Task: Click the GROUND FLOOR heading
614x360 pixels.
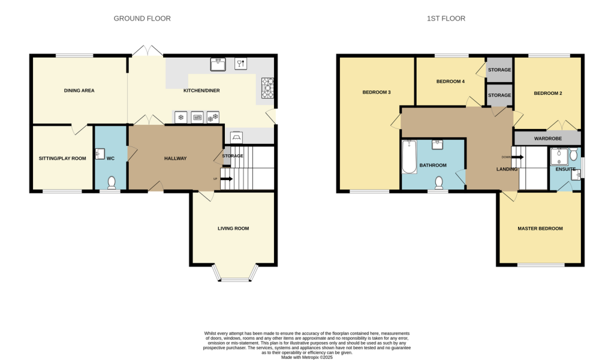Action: pyautogui.click(x=142, y=19)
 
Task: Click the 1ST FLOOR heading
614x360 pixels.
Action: pyautogui.click(x=446, y=19)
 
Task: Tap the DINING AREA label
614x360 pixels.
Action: pyautogui.click(x=79, y=91)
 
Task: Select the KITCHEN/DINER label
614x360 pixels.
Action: pyautogui.click(x=201, y=91)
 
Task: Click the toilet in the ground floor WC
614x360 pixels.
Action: pyautogui.click(x=112, y=182)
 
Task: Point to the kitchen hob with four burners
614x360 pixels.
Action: pyautogui.click(x=267, y=88)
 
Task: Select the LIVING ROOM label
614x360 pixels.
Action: pyautogui.click(x=233, y=229)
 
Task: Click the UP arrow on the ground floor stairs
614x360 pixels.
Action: pyautogui.click(x=226, y=178)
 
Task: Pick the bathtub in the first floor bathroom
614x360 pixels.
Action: pyautogui.click(x=410, y=157)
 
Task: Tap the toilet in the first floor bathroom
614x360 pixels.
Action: pyautogui.click(x=439, y=182)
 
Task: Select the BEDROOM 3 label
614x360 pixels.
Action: pyautogui.click(x=377, y=92)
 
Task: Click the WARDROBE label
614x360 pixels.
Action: pyautogui.click(x=547, y=139)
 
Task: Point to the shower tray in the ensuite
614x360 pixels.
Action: pyautogui.click(x=559, y=157)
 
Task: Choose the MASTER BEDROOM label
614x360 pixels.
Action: pyautogui.click(x=540, y=229)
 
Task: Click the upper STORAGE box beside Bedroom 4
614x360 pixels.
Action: pyautogui.click(x=499, y=70)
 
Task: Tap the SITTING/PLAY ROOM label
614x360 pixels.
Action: pyautogui.click(x=62, y=158)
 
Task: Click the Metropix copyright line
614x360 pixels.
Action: pyautogui.click(x=307, y=357)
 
